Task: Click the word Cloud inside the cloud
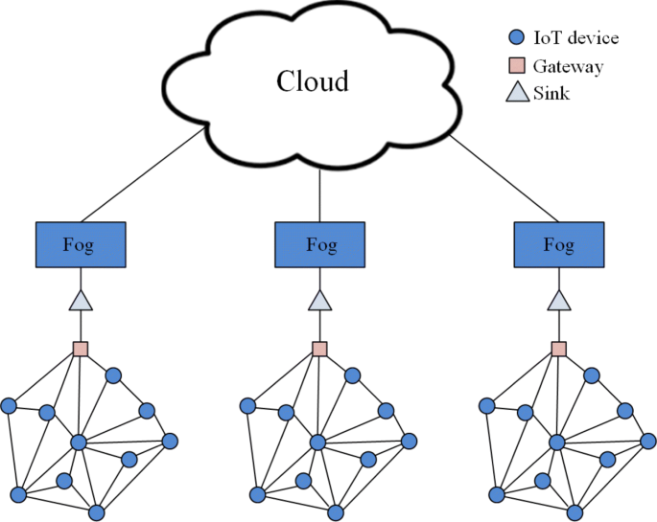tap(312, 81)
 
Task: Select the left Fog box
tap(81, 244)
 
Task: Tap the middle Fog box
tap(320, 244)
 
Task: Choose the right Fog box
tap(559, 244)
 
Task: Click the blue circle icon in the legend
tap(515, 38)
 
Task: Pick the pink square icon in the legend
tap(515, 66)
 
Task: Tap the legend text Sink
tap(553, 94)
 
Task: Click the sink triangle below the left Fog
tap(81, 301)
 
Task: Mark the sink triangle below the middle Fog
tap(320, 301)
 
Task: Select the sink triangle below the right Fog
tap(559, 301)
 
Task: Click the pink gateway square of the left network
tap(81, 349)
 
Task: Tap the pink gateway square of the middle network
tap(320, 349)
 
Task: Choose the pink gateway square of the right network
tap(559, 349)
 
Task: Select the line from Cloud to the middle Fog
tap(319, 192)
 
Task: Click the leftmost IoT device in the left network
tap(9, 406)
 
